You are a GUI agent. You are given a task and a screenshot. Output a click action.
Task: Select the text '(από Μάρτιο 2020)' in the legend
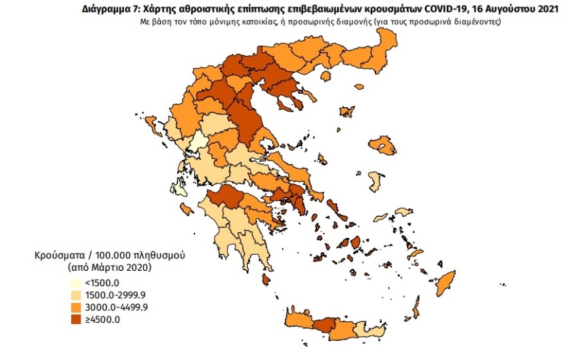point(109,268)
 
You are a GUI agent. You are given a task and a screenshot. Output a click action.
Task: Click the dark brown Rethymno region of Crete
point(324,325)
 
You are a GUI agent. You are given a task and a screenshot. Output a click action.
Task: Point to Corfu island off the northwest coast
point(151,124)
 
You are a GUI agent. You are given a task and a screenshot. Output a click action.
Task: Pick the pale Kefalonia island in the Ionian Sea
point(178,187)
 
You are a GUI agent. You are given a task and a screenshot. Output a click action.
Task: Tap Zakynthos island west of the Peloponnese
point(186,210)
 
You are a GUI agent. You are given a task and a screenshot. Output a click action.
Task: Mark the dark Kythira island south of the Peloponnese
point(266,279)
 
